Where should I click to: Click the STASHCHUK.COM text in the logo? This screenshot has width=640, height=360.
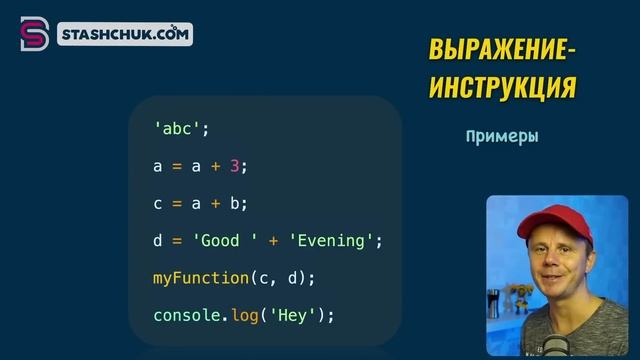tap(124, 35)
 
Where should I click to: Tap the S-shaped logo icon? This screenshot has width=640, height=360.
tap(34, 34)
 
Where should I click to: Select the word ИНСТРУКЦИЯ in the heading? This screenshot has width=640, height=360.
tap(503, 88)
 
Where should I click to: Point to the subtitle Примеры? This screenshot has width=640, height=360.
tap(502, 136)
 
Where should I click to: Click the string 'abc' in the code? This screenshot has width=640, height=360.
tap(179, 129)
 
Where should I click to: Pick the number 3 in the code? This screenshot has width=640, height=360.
tap(236, 166)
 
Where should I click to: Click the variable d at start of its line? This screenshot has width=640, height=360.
tap(158, 241)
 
